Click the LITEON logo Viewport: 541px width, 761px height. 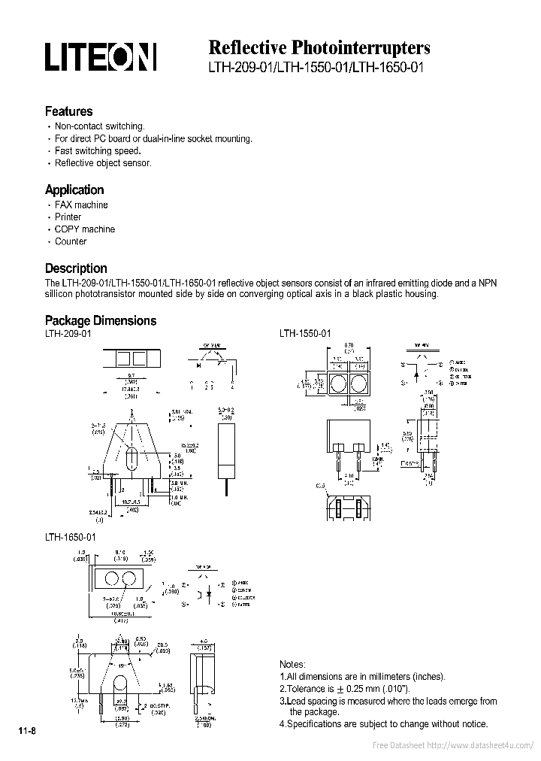point(100,56)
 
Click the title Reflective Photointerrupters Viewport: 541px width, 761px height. point(319,47)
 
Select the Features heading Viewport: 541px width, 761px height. point(68,111)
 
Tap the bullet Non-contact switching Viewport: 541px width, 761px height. point(99,127)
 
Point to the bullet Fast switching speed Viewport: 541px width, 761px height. point(98,151)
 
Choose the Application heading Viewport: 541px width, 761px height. point(74,189)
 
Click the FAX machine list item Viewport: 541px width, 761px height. point(81,205)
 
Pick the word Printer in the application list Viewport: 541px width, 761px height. point(68,217)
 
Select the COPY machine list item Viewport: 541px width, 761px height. point(85,229)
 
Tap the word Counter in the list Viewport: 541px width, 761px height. point(71,241)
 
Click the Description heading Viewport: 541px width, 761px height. point(76,268)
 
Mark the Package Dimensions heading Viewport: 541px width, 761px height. point(101,320)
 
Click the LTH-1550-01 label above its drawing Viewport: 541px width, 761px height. point(305,333)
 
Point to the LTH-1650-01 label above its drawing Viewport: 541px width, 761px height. point(71,538)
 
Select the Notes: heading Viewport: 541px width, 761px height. point(292,665)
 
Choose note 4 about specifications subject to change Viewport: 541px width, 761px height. point(383,724)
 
